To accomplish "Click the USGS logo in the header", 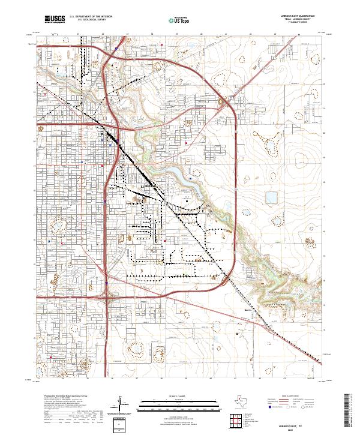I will (x=53, y=20).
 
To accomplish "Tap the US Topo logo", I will (x=181, y=20).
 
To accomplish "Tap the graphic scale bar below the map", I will (x=180, y=404).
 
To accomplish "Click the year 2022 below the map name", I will (x=295, y=428).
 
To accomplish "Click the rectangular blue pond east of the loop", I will (x=272, y=196).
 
